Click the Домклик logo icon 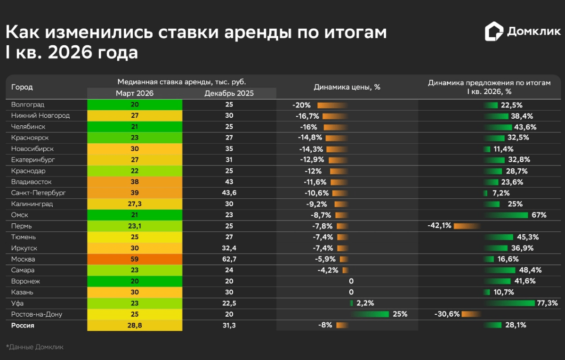[494, 32]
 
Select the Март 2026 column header [135, 93]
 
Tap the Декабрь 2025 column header [229, 93]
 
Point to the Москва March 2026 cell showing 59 [135, 259]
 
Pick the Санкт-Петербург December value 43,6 [229, 193]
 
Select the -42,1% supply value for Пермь [439, 226]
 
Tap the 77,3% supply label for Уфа [547, 303]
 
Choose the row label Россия [23, 325]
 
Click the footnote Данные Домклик [35, 347]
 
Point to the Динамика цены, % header [347, 87]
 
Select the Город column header [22, 87]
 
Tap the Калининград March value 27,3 [135, 204]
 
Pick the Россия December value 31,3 [229, 325]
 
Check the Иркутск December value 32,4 [229, 248]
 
